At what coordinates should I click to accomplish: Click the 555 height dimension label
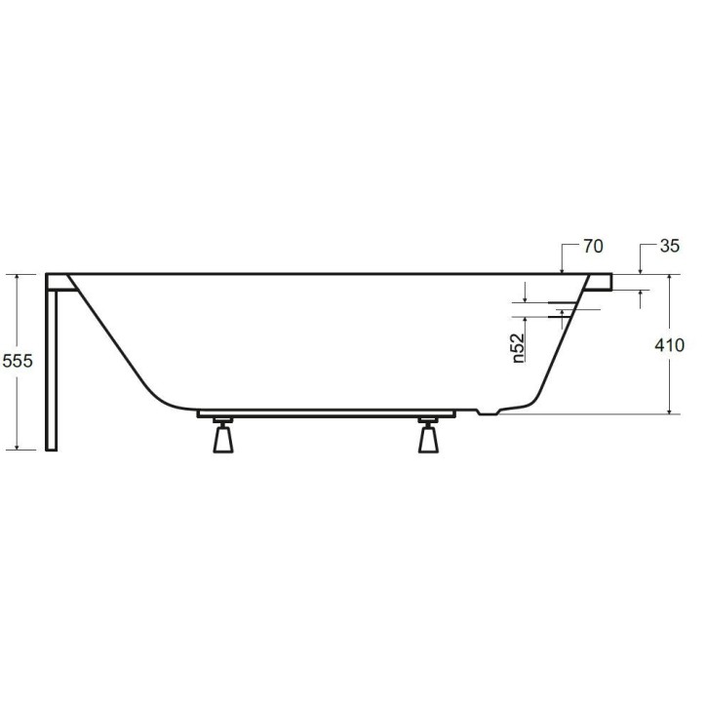coord(19,361)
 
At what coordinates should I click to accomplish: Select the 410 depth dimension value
coord(671,344)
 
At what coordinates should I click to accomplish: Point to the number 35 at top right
coord(669,247)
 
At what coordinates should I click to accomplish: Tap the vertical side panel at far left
coord(52,366)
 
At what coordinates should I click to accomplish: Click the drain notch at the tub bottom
coord(490,412)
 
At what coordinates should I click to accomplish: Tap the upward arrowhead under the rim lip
coord(640,295)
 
